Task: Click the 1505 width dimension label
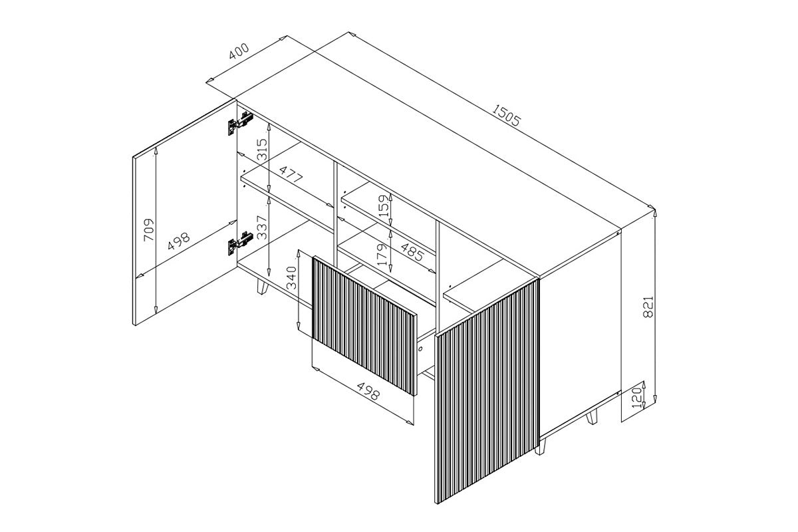(x=506, y=116)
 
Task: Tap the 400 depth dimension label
(x=239, y=51)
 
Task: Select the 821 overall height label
(x=648, y=307)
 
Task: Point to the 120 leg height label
(x=636, y=397)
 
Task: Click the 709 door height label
(x=149, y=230)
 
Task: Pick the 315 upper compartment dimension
(x=261, y=150)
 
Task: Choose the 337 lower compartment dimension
(x=261, y=227)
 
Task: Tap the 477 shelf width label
(x=291, y=174)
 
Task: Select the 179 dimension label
(x=382, y=255)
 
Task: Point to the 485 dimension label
(x=412, y=252)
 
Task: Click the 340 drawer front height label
(x=291, y=278)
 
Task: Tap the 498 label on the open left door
(x=179, y=241)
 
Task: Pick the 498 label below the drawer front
(x=368, y=391)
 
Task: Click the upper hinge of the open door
(x=240, y=123)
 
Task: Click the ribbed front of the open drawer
(x=364, y=325)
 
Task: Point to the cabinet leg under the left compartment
(x=263, y=287)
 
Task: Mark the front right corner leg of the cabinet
(x=540, y=446)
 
